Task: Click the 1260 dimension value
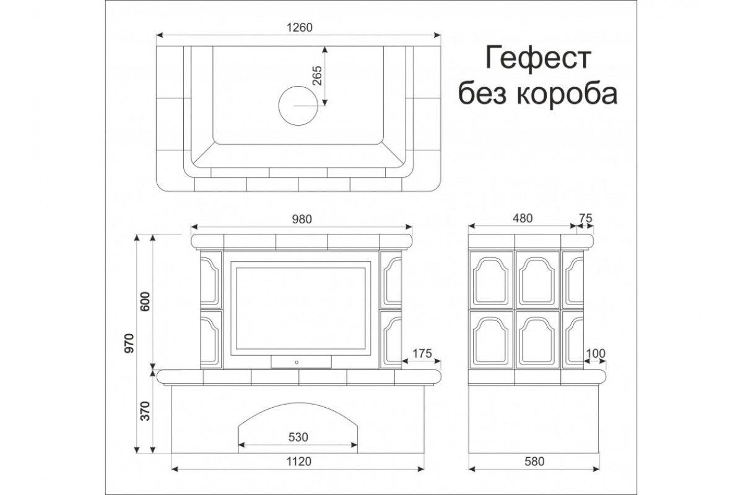coord(299,27)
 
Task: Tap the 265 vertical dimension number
coord(318,75)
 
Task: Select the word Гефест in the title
coord(537,58)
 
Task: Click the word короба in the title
coord(567,93)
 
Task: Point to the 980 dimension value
coord(302,219)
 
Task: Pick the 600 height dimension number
coord(146,301)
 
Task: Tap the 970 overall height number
coord(129,343)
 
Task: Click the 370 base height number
coord(145,411)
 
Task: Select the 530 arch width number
coord(298,437)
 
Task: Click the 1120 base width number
coord(298,461)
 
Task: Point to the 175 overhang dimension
coord(422,354)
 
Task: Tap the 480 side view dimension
coord(523,218)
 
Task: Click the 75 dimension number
coord(586,218)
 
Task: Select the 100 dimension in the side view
coord(596,354)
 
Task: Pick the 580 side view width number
coord(534,461)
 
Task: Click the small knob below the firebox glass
coord(297,363)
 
